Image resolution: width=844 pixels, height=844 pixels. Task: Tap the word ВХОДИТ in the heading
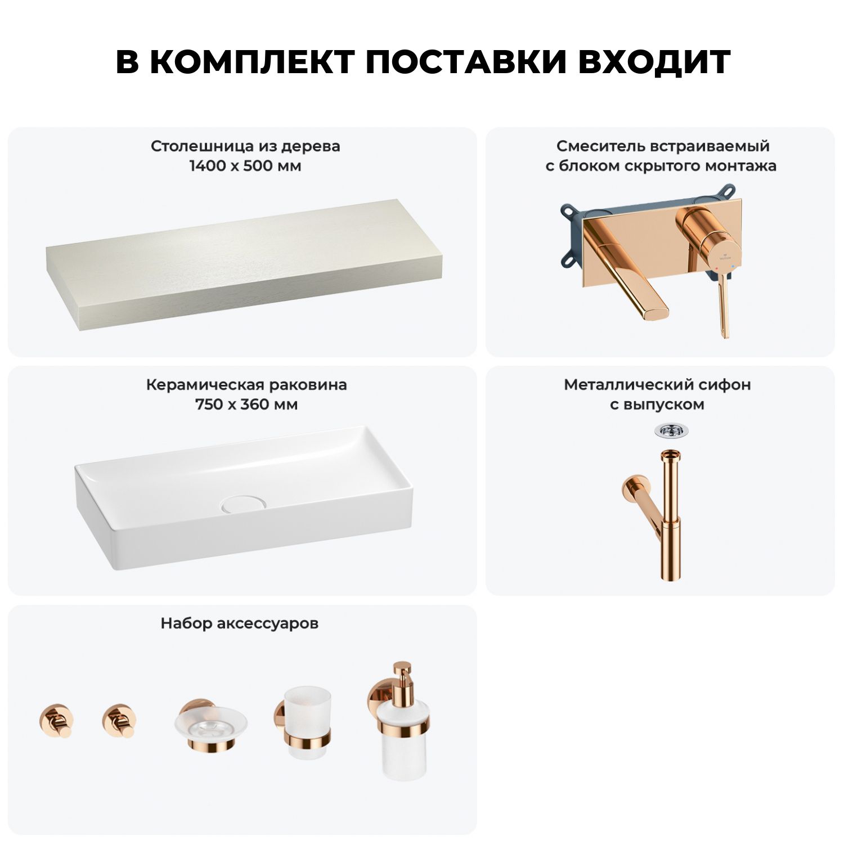pyautogui.click(x=654, y=62)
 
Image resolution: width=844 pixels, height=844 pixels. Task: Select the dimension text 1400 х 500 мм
pyautogui.click(x=245, y=166)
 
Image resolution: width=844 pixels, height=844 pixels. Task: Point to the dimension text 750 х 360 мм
pyautogui.click(x=246, y=405)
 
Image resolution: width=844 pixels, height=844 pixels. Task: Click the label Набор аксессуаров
pyautogui.click(x=240, y=623)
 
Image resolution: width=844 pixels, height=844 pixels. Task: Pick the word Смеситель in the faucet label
pyautogui.click(x=600, y=146)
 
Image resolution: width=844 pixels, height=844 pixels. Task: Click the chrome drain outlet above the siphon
pyautogui.click(x=671, y=431)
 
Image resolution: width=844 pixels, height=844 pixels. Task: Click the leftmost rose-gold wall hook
pyautogui.click(x=56, y=720)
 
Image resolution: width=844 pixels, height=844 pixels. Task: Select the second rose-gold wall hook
pyautogui.click(x=119, y=720)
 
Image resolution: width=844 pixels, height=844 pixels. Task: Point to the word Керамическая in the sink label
pyautogui.click(x=204, y=385)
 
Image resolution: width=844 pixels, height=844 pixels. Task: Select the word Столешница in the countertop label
pyautogui.click(x=203, y=147)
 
